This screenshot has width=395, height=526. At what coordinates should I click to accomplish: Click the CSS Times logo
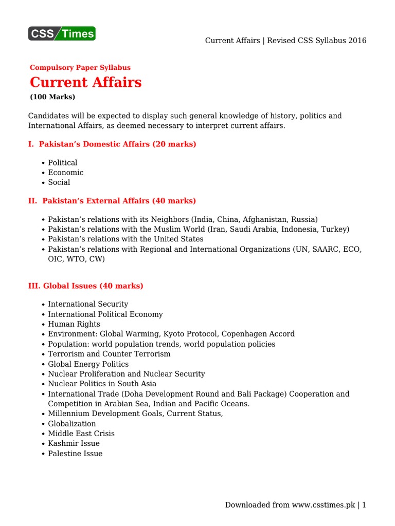point(62,34)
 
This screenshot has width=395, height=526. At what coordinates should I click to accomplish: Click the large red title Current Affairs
point(85,82)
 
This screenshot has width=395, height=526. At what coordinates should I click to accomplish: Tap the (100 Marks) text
point(52,97)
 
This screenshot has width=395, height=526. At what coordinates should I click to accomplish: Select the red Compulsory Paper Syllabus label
point(80,67)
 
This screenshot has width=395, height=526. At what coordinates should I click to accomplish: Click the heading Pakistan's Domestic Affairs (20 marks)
point(112,144)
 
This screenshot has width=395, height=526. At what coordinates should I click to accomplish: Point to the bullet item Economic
point(65,173)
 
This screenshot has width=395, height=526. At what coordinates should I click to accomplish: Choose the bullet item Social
point(59,182)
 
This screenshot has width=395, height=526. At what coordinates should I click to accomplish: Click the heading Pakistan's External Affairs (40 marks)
point(112,201)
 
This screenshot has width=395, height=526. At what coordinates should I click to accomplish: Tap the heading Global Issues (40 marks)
point(85,286)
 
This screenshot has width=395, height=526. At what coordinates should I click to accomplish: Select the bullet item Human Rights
point(74,324)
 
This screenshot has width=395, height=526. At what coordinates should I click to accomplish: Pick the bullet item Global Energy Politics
point(88,364)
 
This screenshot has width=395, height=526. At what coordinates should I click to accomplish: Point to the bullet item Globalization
point(71,424)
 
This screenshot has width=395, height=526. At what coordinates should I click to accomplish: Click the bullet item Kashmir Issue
point(74,443)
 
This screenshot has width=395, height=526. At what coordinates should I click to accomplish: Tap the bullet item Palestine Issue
point(75,454)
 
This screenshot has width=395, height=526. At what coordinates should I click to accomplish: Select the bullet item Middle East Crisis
point(81,434)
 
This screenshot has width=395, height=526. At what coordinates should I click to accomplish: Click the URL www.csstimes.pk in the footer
point(324,505)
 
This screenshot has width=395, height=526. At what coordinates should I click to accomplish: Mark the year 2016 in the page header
point(357,41)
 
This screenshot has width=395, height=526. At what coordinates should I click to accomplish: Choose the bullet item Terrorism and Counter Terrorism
point(109,354)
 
